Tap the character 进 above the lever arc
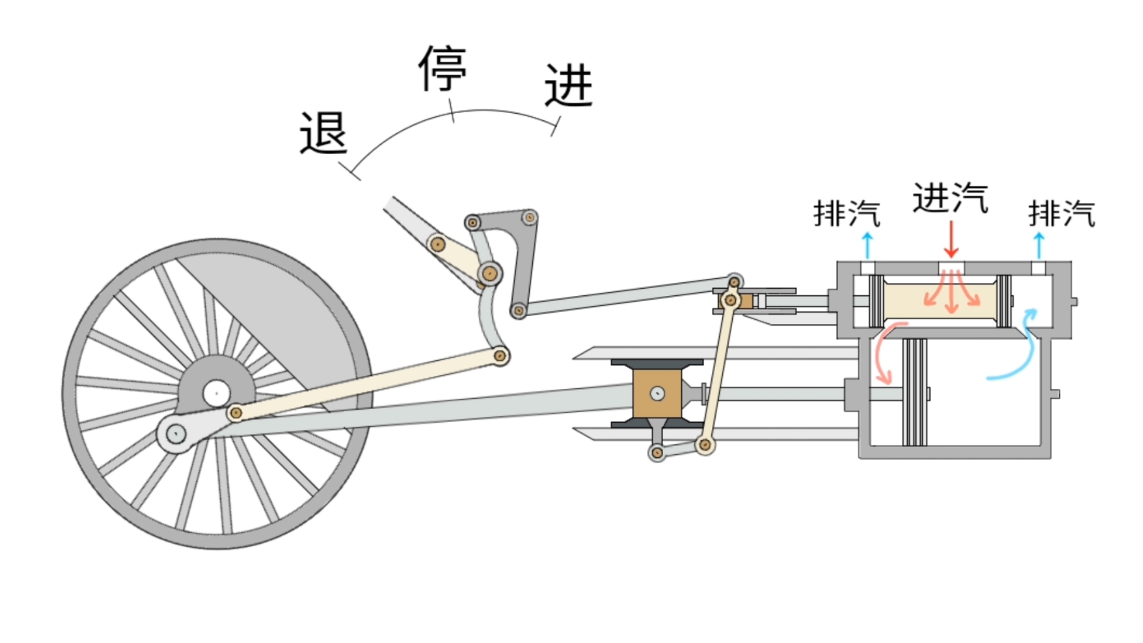[569, 86]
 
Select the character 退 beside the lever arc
[323, 133]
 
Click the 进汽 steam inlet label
[950, 198]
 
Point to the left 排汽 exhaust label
[847, 213]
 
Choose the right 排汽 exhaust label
[1061, 213]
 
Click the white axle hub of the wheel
[216, 393]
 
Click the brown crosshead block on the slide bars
[657, 394]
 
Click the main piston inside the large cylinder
[914, 392]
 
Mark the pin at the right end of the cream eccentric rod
[500, 356]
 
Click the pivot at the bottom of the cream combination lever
[705, 444]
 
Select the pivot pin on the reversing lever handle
[438, 244]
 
